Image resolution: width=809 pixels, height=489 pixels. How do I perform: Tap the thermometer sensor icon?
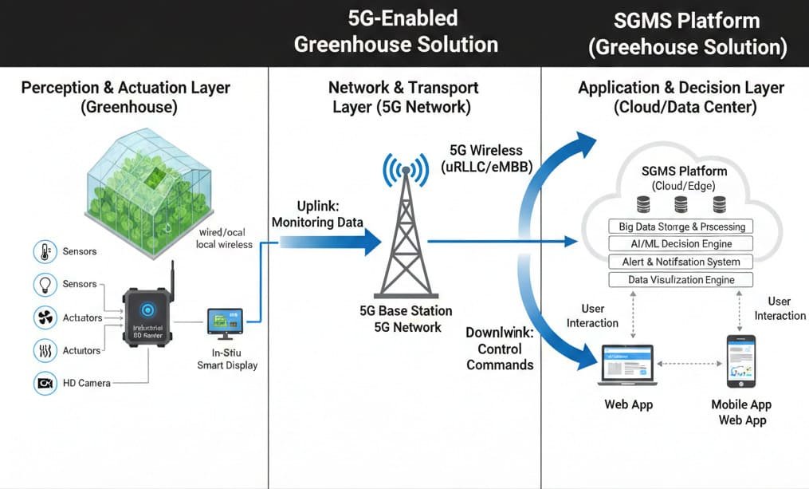point(43,252)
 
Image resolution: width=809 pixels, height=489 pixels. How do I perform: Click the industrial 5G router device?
point(147,315)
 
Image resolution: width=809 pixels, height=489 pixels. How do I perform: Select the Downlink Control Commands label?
point(500,349)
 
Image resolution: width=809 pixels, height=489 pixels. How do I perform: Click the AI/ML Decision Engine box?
point(681,244)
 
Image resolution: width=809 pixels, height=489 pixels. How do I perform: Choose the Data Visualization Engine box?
point(681,280)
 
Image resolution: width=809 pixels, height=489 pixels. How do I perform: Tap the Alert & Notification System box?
point(681,262)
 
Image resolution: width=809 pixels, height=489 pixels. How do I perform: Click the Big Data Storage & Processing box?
point(681,227)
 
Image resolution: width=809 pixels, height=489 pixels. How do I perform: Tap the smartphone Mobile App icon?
point(740,361)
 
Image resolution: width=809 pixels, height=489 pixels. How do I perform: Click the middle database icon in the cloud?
point(681,203)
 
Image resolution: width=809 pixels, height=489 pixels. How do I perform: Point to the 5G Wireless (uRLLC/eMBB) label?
point(485,158)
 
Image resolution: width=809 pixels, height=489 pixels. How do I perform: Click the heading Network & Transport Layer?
point(403,97)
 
